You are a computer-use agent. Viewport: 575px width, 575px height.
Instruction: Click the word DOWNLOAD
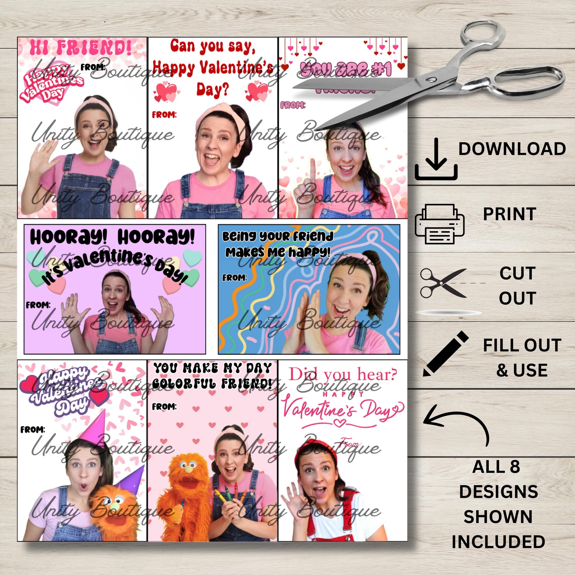pyautogui.click(x=512, y=149)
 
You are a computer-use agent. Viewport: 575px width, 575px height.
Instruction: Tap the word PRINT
pyautogui.click(x=509, y=214)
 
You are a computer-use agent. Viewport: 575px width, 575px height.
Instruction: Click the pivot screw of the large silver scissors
pyautogui.click(x=430, y=79)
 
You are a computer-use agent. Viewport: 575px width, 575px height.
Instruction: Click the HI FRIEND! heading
pyautogui.click(x=80, y=48)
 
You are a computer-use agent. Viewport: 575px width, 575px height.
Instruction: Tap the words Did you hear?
pyautogui.click(x=343, y=374)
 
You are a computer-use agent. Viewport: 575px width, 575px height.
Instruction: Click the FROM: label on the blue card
pyautogui.click(x=235, y=278)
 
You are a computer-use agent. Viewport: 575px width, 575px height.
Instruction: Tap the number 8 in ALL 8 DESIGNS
pyautogui.click(x=515, y=467)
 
